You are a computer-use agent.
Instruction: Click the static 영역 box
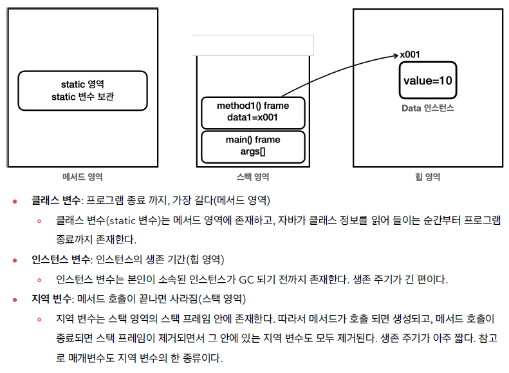click(x=82, y=90)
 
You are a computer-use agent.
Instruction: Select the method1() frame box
click(x=252, y=113)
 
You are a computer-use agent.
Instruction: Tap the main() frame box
click(x=252, y=146)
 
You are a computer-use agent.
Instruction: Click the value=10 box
click(x=428, y=81)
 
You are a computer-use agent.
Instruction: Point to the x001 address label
click(x=410, y=55)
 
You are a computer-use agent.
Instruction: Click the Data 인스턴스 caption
click(x=428, y=108)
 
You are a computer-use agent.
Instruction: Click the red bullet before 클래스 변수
click(x=15, y=201)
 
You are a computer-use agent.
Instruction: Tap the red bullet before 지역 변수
click(x=15, y=300)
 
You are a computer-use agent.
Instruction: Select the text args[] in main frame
click(x=252, y=153)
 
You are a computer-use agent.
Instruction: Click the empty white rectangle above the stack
click(x=253, y=45)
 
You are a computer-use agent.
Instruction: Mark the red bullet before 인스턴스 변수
click(x=15, y=261)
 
